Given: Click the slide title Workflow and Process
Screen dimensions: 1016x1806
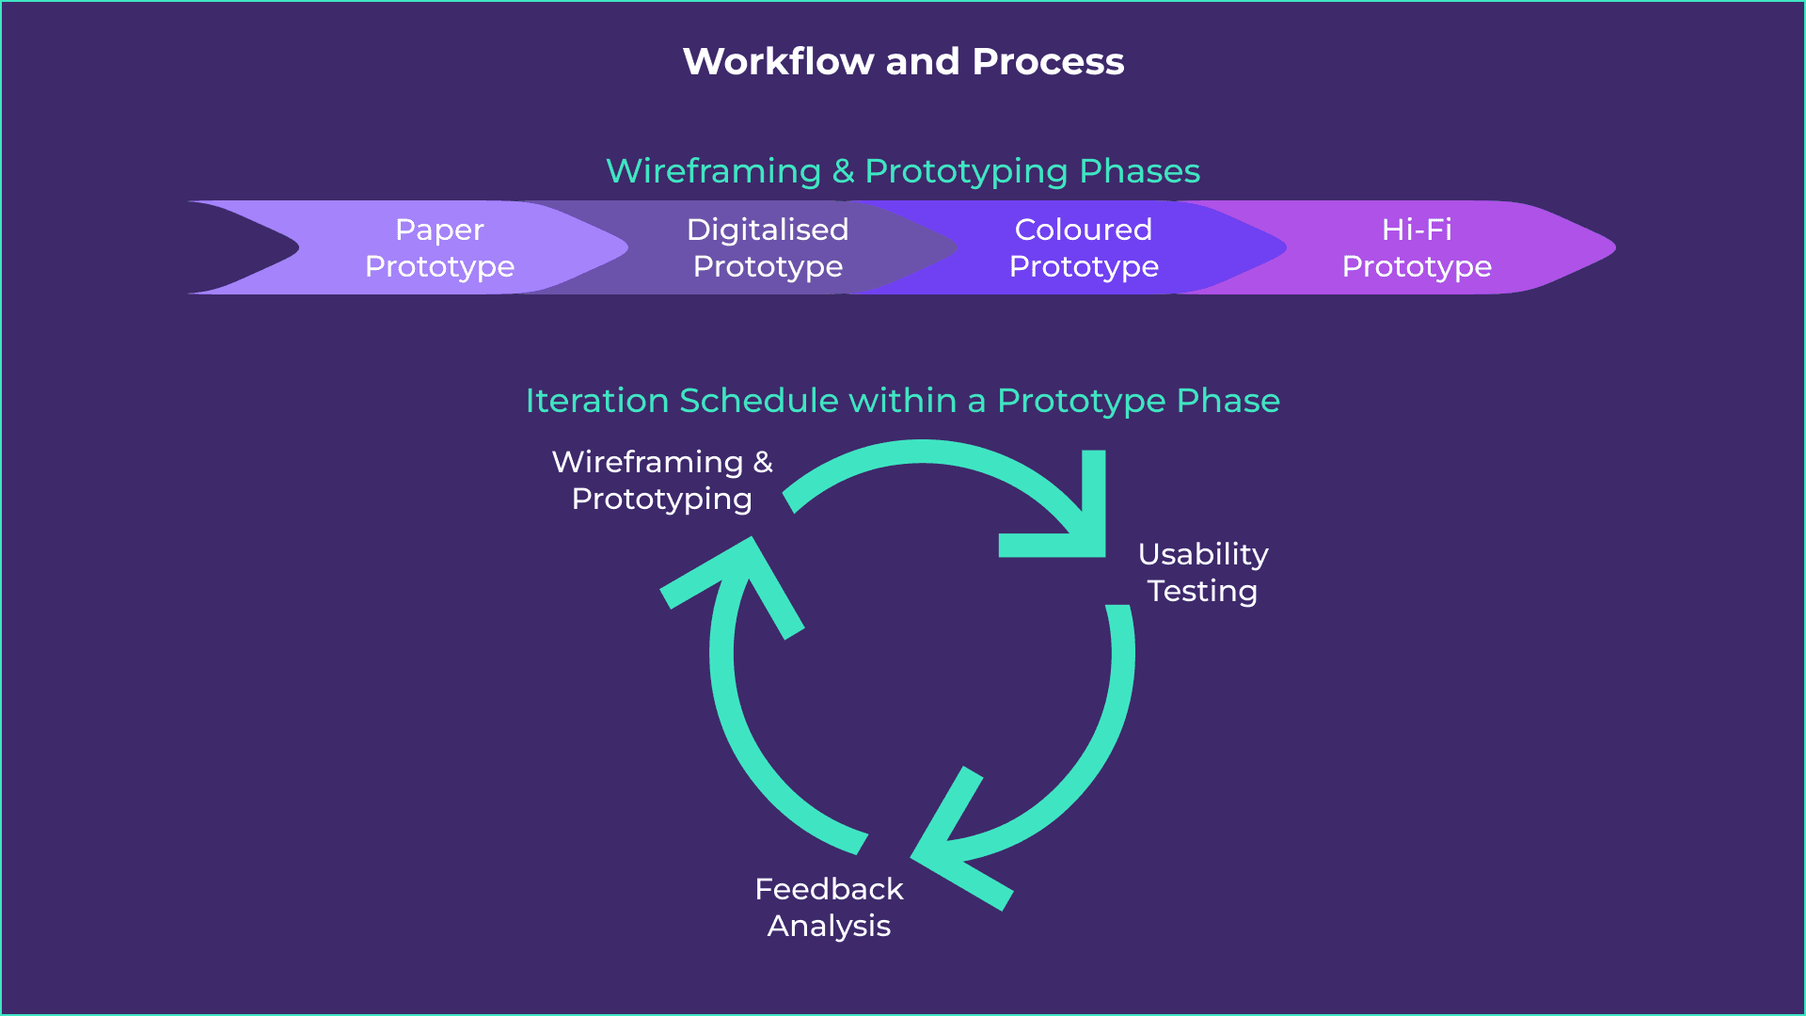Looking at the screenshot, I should coord(903,62).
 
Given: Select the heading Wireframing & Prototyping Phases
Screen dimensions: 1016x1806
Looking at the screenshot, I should coord(903,171).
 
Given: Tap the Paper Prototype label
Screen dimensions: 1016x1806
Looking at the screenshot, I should coord(439,247).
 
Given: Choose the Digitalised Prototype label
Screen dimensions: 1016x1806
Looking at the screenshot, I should coord(768,247).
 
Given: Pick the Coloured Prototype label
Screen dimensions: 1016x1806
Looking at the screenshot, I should coord(1084,247).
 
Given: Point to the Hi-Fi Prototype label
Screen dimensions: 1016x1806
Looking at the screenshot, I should coord(1417,247).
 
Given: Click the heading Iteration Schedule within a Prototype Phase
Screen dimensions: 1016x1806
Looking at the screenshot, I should coord(903,401).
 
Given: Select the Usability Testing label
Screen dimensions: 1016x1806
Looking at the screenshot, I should coord(1202,572).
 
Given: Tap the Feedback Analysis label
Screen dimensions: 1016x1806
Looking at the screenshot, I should coord(829,907).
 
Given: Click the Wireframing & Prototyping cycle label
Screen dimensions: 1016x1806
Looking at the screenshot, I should coord(661,480).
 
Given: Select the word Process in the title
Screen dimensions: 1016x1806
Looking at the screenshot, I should coord(1048,62).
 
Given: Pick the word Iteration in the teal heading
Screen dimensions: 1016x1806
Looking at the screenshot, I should coord(596,401).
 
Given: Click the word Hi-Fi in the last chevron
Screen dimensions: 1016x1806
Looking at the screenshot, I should coord(1417,230).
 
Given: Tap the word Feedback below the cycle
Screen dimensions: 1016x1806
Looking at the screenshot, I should coord(829,889).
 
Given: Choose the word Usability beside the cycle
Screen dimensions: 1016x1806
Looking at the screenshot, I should coord(1202,554).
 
